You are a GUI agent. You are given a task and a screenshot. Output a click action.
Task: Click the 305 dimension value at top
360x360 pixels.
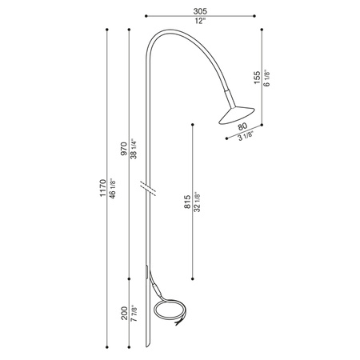199,10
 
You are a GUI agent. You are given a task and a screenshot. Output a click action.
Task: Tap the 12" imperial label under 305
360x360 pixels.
199,21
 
